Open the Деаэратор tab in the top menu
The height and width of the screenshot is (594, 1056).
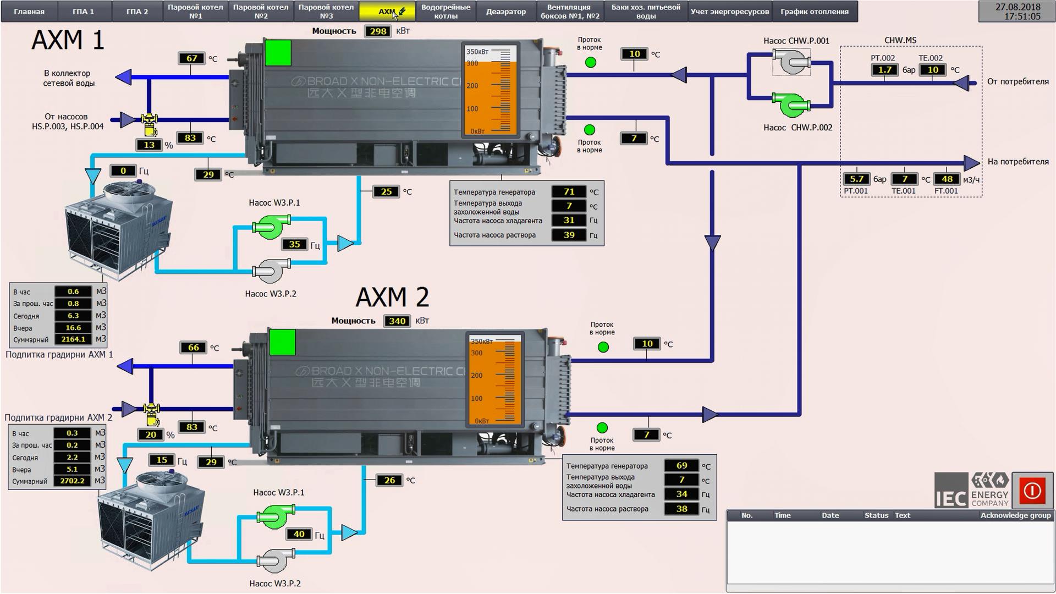click(x=505, y=12)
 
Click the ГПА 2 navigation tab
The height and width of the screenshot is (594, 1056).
click(x=137, y=12)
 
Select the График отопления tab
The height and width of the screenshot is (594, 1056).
click(x=814, y=12)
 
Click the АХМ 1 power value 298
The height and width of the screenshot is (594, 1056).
click(x=378, y=31)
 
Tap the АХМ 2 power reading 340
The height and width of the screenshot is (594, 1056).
click(x=397, y=321)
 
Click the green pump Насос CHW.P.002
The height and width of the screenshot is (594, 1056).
click(x=791, y=105)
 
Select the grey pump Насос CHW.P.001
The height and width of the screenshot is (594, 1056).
click(x=791, y=61)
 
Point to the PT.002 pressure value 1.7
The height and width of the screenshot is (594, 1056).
click(x=884, y=70)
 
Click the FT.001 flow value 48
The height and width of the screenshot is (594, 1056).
click(x=947, y=179)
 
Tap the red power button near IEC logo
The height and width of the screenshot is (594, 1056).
click(x=1032, y=490)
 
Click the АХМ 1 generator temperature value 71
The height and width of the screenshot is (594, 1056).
click(x=569, y=192)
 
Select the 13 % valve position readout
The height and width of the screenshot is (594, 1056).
click(x=149, y=145)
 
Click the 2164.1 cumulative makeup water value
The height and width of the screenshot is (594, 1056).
click(x=73, y=339)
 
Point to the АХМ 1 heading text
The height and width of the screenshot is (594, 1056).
click(x=68, y=41)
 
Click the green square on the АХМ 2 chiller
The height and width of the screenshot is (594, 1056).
click(x=283, y=343)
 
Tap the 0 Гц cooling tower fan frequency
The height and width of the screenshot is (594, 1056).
click(x=123, y=171)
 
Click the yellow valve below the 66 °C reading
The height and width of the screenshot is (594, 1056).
click(x=151, y=413)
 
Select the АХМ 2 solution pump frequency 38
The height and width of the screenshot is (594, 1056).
click(x=681, y=509)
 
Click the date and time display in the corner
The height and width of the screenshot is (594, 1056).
click(x=1018, y=12)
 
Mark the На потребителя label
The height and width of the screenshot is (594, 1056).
click(x=1018, y=162)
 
